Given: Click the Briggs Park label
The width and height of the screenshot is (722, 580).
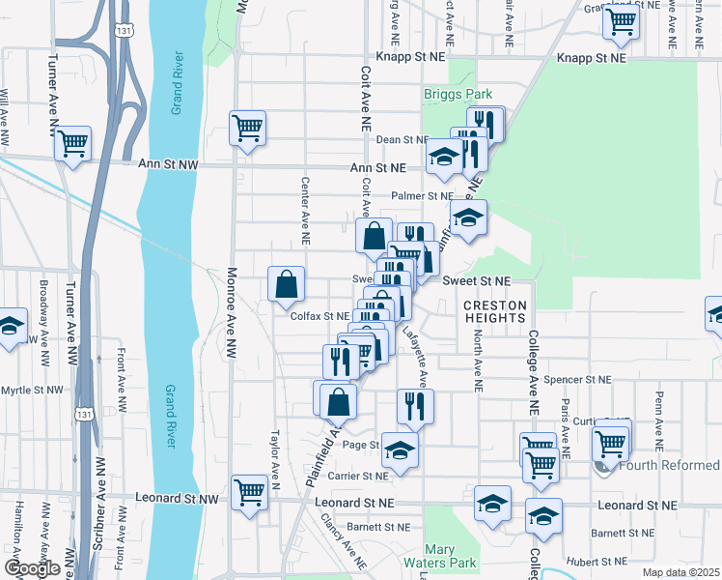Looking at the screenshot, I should point(458,94).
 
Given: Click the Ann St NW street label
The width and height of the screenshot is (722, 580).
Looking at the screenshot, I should point(167,166).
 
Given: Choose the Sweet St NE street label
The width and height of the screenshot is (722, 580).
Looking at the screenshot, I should point(475,280).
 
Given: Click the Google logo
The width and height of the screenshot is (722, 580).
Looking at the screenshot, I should point(32,568).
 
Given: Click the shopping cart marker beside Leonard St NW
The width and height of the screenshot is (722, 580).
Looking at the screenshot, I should point(250,492).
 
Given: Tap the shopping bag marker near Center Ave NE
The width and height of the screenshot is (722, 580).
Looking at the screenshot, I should point(287,284).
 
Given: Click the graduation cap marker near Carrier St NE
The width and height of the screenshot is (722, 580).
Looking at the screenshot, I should point(399,449).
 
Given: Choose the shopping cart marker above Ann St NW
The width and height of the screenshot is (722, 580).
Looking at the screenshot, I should point(248,128).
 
